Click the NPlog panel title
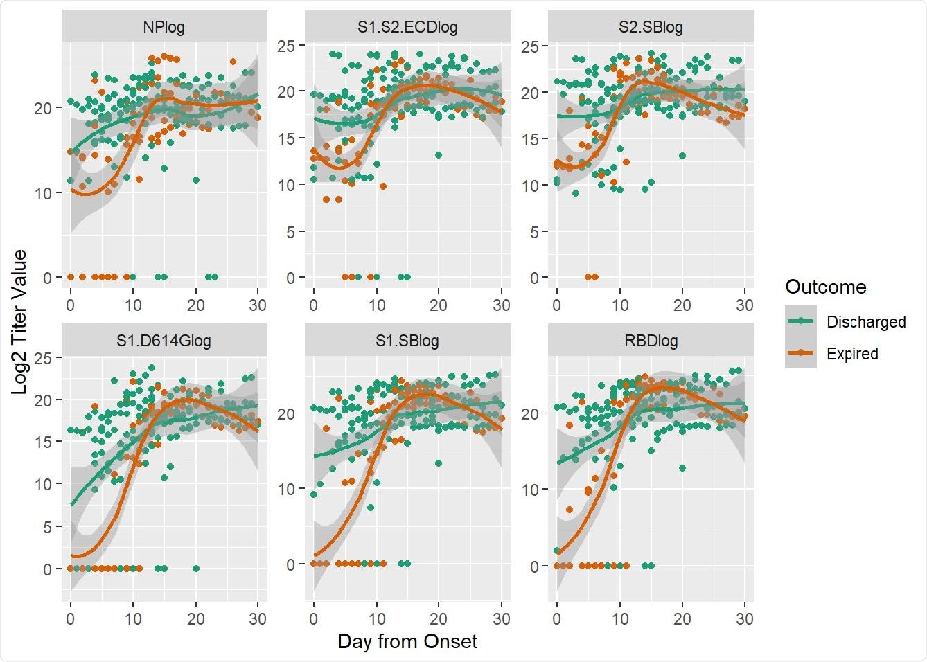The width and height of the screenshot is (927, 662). (x=164, y=28)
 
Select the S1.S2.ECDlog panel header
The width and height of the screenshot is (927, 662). (x=407, y=28)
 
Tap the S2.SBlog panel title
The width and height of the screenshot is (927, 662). (x=651, y=28)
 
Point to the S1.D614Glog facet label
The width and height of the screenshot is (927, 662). (x=164, y=340)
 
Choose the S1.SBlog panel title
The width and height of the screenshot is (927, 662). (x=407, y=340)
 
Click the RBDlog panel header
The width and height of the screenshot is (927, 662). (x=651, y=340)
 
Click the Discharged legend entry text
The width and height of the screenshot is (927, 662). (x=866, y=322)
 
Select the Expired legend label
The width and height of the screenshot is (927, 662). (x=852, y=354)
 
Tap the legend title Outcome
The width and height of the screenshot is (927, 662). (x=825, y=287)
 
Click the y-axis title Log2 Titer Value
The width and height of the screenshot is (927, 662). (x=19, y=322)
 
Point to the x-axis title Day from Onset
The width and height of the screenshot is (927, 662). (x=407, y=642)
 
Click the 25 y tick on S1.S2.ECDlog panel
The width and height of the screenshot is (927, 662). (x=286, y=46)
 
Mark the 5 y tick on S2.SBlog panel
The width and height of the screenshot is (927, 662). (x=533, y=232)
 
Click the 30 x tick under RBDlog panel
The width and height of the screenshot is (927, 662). (x=745, y=618)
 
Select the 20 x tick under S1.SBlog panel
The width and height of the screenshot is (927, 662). (x=439, y=618)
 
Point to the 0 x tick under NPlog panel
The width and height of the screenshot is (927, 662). (x=71, y=305)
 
